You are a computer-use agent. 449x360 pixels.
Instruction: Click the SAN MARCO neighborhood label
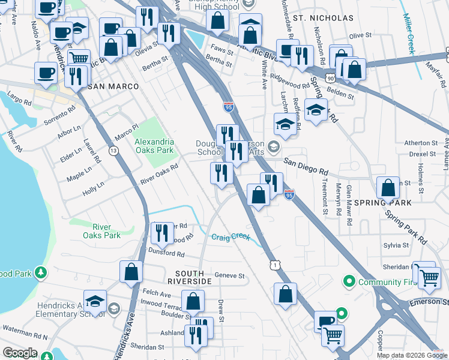pos(113,86)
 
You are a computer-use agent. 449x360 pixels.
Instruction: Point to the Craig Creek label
pos(230,236)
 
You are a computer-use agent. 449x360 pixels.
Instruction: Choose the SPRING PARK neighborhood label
pos(388,203)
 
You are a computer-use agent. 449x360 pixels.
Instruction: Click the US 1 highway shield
pos(274,264)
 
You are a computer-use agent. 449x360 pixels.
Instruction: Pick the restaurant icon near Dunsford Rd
pos(161,232)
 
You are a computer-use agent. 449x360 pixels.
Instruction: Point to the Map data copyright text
pos(412,355)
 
